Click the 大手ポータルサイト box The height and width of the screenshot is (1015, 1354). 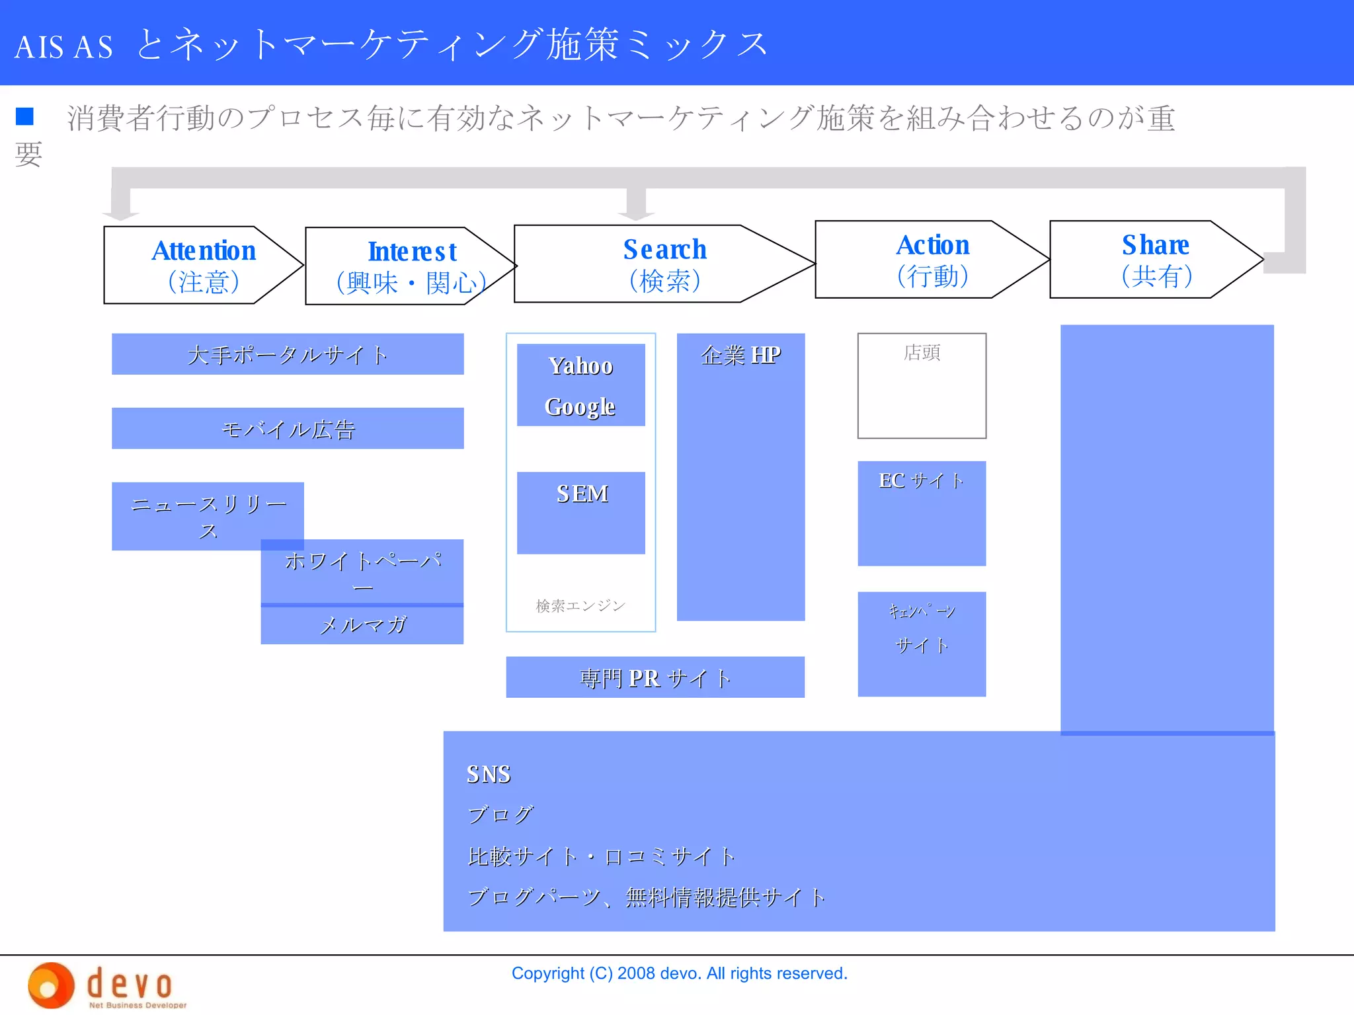pyautogui.click(x=288, y=354)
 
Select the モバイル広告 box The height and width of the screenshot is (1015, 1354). pyautogui.click(x=288, y=428)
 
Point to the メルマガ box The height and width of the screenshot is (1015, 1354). pyautogui.click(x=362, y=625)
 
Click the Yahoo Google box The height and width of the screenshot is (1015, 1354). pyautogui.click(x=580, y=385)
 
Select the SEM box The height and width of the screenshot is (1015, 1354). pyautogui.click(x=580, y=512)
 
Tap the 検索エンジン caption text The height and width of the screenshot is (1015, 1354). pyautogui.click(x=580, y=605)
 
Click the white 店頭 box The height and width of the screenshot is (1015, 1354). pyautogui.click(x=922, y=386)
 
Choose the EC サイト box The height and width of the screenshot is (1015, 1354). pyautogui.click(x=922, y=513)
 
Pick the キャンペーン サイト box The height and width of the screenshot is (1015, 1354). pyautogui.click(x=922, y=644)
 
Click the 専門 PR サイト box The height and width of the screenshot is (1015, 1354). pyautogui.click(x=655, y=677)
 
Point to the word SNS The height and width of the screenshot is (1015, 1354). pyautogui.click(x=489, y=774)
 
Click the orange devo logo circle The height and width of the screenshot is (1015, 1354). pyautogui.click(x=50, y=985)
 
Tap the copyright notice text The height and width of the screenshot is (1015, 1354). pyautogui.click(x=679, y=973)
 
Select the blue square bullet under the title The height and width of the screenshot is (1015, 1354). pyautogui.click(x=24, y=116)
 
